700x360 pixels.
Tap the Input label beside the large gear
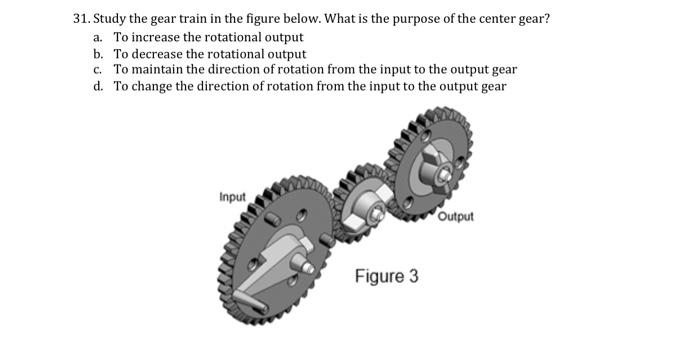tap(231, 197)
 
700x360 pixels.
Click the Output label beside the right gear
tap(455, 216)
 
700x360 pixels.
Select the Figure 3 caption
tap(386, 275)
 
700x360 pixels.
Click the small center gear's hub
tap(371, 211)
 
